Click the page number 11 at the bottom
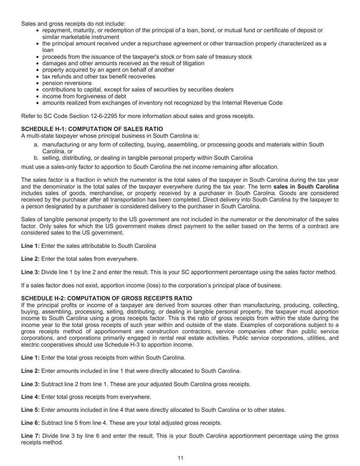pyautogui.click(x=180, y=458)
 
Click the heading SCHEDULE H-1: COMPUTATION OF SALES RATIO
pyautogui.click(x=92, y=129)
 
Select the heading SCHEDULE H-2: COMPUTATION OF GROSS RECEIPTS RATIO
pyautogui.click(x=106, y=299)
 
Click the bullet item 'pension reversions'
pyautogui.click(x=67, y=83)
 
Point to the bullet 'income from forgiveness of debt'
pyautogui.click(x=84, y=96)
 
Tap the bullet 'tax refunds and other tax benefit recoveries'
pyautogui.click(x=99, y=77)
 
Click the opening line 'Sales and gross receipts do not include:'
pyautogui.click(x=73, y=23)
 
